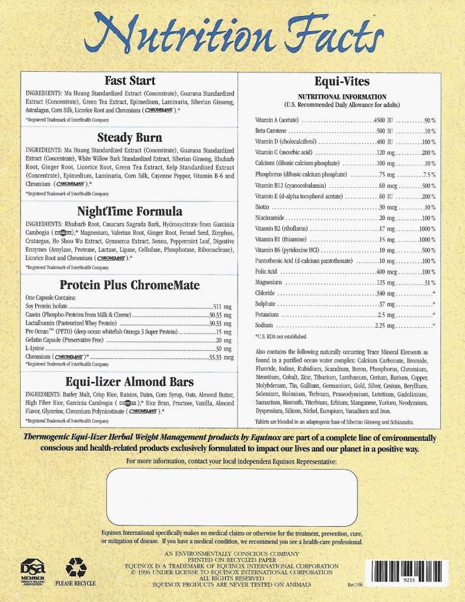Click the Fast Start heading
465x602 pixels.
tap(129, 81)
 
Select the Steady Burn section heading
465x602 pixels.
tap(129, 138)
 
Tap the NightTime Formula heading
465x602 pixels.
tap(129, 211)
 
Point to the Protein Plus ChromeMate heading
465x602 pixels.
tap(129, 285)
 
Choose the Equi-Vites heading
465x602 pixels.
tap(342, 81)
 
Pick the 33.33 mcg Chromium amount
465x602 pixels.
tap(221, 357)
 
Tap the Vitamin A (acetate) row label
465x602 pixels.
tap(277, 120)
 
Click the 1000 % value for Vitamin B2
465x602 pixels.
tap(427, 228)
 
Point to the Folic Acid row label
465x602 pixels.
tap(266, 272)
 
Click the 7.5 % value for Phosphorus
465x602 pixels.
tap(429, 174)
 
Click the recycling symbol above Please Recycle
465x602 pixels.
tap(76, 567)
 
